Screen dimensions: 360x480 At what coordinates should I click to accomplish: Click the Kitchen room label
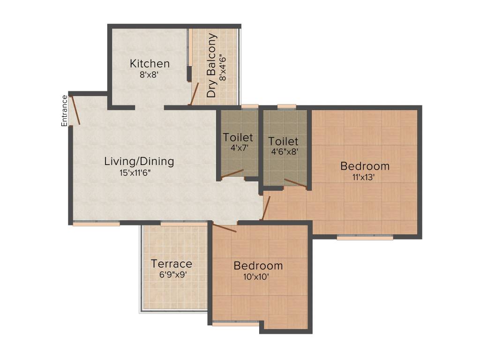click(150, 64)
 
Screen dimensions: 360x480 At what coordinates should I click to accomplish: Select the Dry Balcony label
click(212, 65)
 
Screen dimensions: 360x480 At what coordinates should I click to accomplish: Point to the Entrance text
click(65, 111)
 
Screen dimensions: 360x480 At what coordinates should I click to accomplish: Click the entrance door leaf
click(75, 111)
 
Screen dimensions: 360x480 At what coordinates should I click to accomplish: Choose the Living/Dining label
click(139, 162)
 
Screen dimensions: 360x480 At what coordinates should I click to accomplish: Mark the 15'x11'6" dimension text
click(135, 172)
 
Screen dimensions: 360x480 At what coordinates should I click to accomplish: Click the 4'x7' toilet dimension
click(238, 147)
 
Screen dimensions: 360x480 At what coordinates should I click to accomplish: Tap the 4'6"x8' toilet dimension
click(283, 151)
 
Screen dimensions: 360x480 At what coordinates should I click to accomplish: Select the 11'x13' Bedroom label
click(365, 166)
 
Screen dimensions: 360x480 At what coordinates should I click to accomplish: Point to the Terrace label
click(172, 264)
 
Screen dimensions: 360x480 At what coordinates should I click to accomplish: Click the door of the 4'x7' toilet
click(232, 173)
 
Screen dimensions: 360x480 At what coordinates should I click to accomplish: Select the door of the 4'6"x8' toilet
click(295, 184)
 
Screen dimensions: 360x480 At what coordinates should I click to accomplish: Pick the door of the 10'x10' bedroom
click(224, 228)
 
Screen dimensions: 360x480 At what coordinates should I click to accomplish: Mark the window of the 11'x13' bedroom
click(365, 238)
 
